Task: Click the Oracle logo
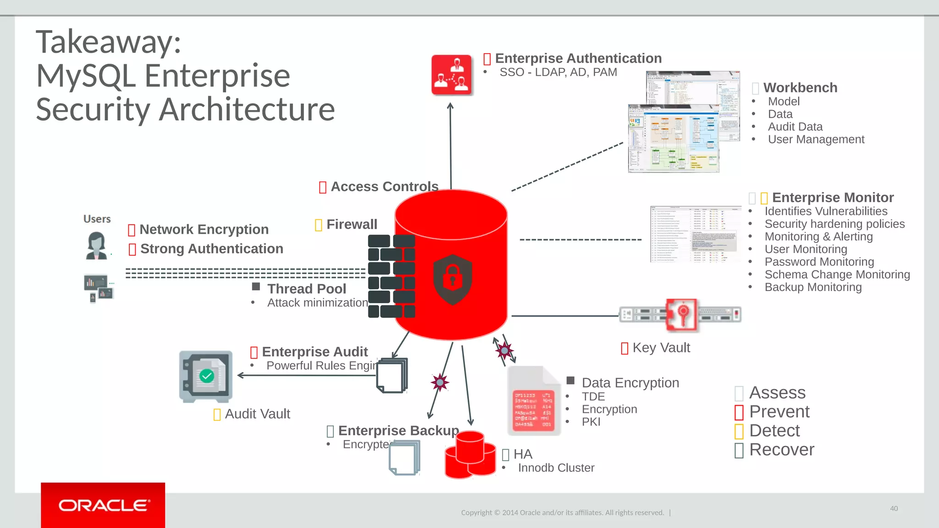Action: coord(103,505)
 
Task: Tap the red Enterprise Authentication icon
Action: coord(452,75)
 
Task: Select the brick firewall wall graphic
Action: coord(391,276)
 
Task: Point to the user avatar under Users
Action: coord(96,246)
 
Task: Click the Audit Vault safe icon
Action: coord(206,376)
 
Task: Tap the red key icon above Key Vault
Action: coord(682,314)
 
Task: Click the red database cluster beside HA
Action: coord(470,455)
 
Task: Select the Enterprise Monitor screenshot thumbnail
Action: coord(695,234)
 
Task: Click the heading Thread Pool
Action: coord(307,289)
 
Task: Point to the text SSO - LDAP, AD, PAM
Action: coord(558,72)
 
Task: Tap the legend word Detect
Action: coord(774,431)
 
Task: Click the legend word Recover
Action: coord(782,450)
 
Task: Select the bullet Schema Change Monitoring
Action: coord(837,275)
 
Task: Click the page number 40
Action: coord(894,508)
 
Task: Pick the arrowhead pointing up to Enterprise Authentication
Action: coord(450,106)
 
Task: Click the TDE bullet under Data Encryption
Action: coord(593,396)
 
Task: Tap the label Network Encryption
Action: coord(204,229)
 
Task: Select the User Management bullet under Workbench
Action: coord(816,139)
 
